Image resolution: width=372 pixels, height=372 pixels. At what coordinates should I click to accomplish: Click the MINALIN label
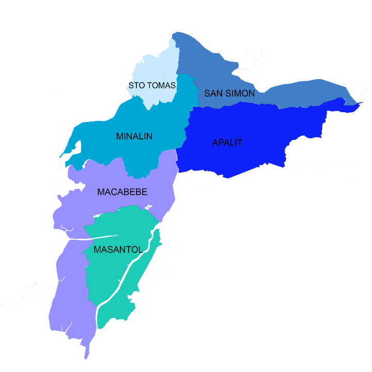click(134, 137)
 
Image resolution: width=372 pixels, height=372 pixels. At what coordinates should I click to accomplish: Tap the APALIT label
click(227, 143)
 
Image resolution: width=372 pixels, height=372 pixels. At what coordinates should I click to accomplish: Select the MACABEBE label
click(122, 192)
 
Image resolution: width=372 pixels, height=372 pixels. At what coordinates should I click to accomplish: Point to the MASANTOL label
click(118, 250)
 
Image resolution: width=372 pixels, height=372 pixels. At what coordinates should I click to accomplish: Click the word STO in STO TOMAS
click(137, 85)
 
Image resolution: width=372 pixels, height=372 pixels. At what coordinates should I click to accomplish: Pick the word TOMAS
click(161, 85)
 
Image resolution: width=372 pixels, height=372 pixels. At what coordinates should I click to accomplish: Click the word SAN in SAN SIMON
click(213, 94)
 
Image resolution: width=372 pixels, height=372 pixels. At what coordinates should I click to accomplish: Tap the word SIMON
click(240, 94)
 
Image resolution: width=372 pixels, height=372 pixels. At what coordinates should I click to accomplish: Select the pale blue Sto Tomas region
click(155, 67)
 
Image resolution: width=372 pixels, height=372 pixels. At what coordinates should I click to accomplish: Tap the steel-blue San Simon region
click(300, 96)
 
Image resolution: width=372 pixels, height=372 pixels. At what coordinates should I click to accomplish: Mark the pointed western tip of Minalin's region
click(60, 157)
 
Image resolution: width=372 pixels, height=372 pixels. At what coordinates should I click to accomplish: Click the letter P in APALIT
click(221, 143)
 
